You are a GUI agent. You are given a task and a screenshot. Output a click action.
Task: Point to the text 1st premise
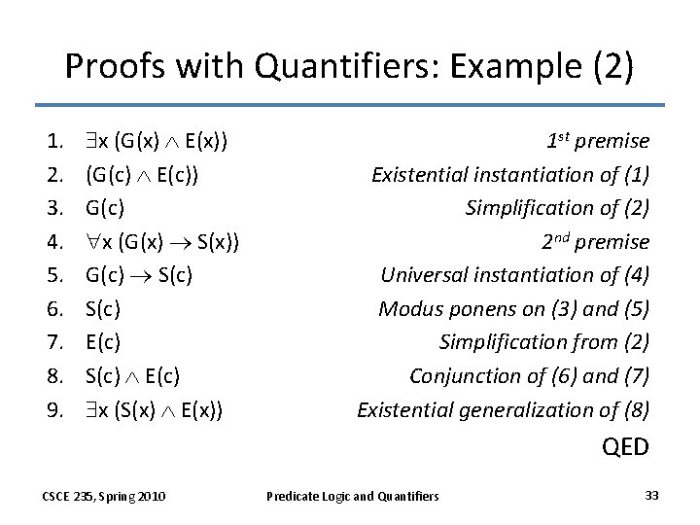[x=597, y=141]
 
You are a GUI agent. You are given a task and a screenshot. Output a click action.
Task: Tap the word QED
[x=625, y=446]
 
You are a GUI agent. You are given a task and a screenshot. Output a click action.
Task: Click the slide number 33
[x=651, y=496]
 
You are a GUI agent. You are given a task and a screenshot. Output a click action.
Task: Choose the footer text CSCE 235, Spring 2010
[x=103, y=497]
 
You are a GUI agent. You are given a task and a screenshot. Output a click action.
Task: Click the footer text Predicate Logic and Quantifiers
[x=352, y=497]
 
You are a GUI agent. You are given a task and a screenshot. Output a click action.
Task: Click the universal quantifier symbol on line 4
[x=92, y=241]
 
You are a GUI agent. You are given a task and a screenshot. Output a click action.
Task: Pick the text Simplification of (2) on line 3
[x=557, y=208]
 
